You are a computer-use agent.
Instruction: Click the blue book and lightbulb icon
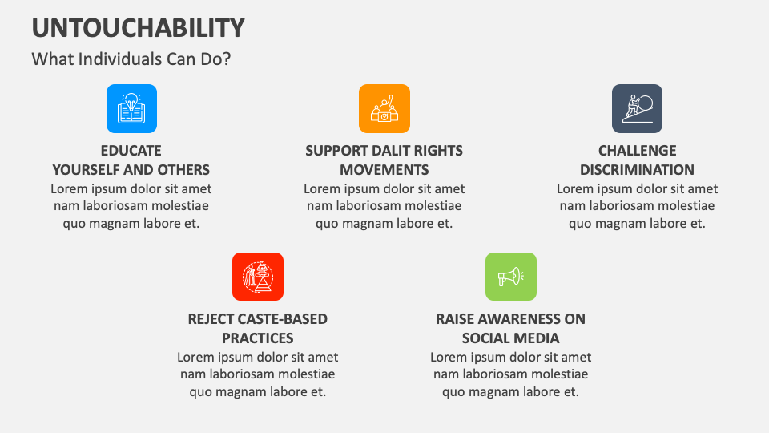(131, 108)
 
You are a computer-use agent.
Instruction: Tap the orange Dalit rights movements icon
(384, 108)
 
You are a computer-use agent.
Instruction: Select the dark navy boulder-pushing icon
(637, 108)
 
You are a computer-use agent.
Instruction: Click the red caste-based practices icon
(258, 277)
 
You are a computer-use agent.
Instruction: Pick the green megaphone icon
(511, 277)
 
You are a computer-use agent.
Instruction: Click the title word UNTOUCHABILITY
(139, 28)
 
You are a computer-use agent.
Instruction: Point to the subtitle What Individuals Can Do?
(131, 59)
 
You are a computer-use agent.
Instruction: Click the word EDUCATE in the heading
(131, 150)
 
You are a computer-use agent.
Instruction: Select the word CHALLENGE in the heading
(637, 150)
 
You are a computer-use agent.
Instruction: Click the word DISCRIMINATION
(637, 170)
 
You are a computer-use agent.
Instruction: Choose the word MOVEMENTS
(384, 170)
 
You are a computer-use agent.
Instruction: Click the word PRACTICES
(258, 338)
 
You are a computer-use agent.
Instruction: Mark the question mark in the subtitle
(227, 59)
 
